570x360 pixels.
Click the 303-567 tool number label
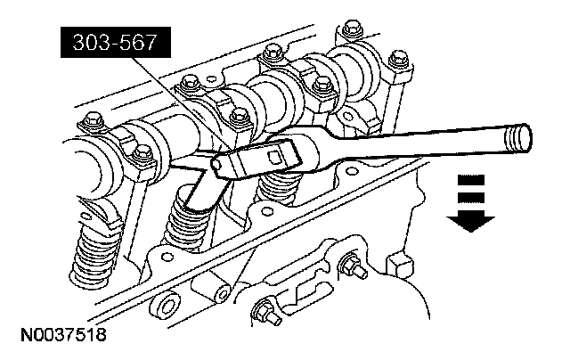pyautogui.click(x=115, y=42)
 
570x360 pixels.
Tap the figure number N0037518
pyautogui.click(x=63, y=335)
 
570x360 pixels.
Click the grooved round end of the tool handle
pyautogui.click(x=518, y=138)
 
